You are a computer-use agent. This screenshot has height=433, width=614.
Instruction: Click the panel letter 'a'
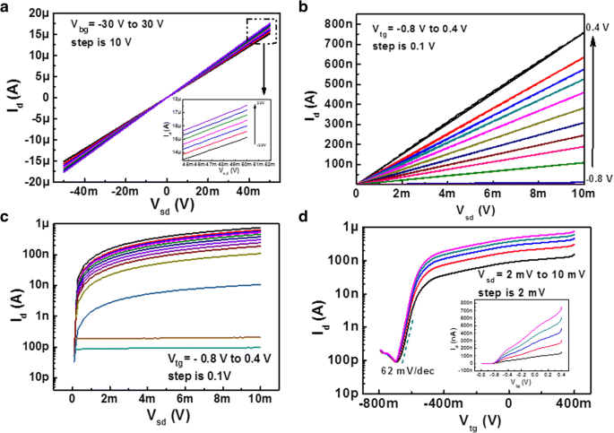(x=6, y=7)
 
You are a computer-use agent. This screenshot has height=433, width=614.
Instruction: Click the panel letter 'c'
(x=6, y=217)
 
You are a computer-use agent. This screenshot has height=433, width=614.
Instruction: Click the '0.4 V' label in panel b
(x=593, y=27)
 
